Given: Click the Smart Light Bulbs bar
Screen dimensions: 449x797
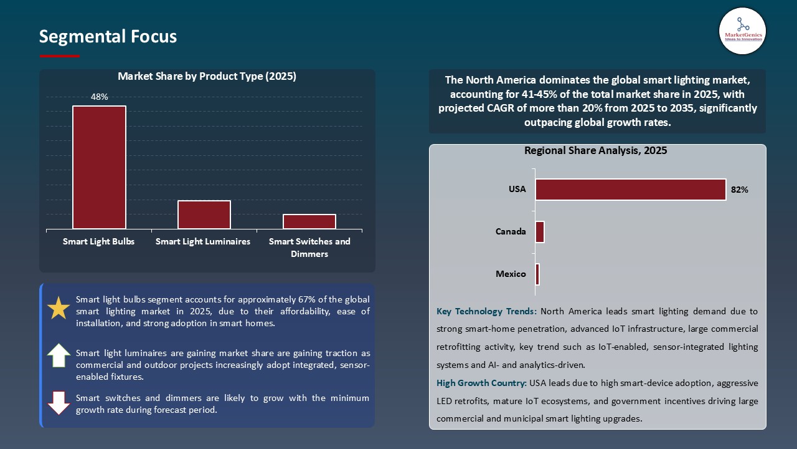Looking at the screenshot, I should tap(99, 167).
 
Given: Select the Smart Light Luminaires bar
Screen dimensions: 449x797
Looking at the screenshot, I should tap(204, 215).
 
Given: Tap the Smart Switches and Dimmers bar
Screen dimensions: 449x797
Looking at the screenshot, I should tap(309, 221).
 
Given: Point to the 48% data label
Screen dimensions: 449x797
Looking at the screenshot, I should tap(99, 97).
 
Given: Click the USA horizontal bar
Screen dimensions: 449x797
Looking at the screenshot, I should tap(630, 190).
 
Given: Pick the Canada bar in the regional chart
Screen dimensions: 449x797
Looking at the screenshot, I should tap(540, 232).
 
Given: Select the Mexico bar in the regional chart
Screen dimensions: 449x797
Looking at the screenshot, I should tap(537, 274).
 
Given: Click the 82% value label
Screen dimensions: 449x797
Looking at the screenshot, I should tap(740, 190).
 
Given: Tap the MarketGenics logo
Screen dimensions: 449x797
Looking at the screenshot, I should tap(742, 31).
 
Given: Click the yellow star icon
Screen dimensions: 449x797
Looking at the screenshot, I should tap(59, 309).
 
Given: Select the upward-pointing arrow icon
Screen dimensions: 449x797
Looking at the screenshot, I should tap(59, 355).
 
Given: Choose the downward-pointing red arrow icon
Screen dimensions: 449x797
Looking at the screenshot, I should tap(59, 403).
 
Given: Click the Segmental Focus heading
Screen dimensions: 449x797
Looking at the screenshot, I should tap(108, 37).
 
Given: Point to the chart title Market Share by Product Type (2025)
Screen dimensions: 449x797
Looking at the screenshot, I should tap(207, 77).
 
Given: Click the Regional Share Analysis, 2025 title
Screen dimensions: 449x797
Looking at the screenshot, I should tap(596, 150).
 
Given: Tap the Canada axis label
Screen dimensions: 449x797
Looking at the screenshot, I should tap(511, 232).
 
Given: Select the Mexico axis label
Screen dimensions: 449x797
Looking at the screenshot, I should tap(511, 274).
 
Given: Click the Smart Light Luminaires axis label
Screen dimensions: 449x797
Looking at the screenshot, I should tap(203, 241).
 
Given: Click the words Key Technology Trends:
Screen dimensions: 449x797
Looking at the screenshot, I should tap(486, 311).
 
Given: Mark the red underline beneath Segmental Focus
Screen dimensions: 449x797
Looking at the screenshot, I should tap(60, 56).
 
